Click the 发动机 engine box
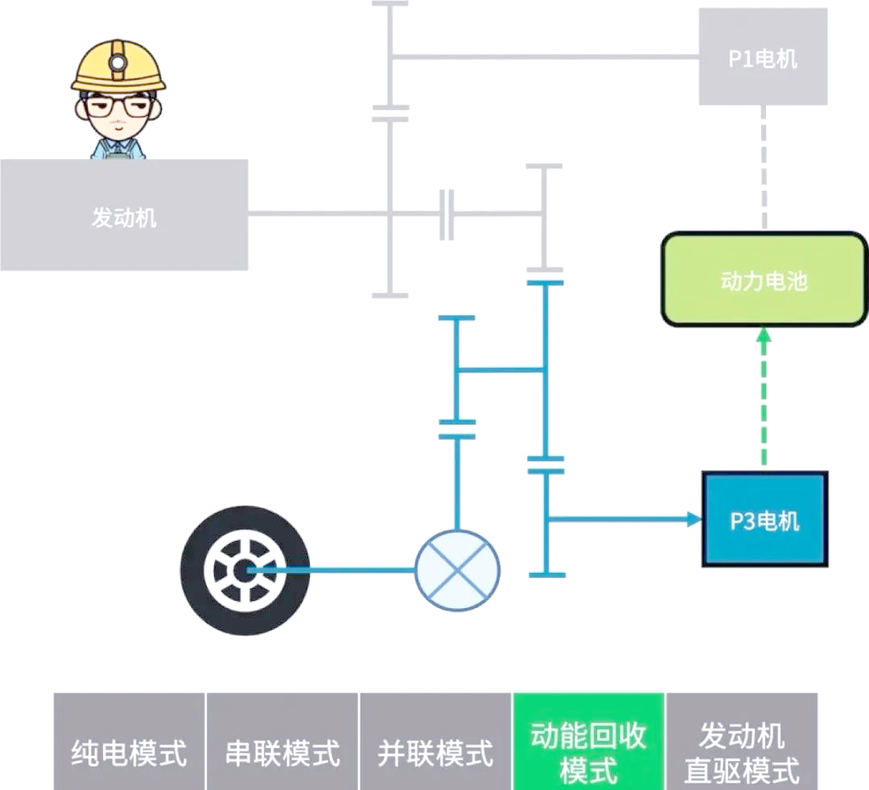coord(124,216)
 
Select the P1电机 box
coord(763,57)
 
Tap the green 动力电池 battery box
coord(764,280)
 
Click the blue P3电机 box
coord(764,520)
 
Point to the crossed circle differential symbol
coord(457,570)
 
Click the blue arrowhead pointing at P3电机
coord(694,519)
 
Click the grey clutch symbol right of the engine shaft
coord(447,215)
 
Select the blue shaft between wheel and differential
coord(338,570)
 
